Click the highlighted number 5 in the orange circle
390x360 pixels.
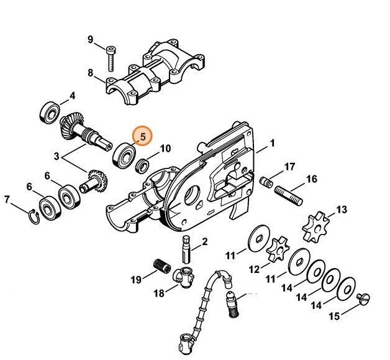coord(142,135)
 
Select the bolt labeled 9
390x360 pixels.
coord(110,58)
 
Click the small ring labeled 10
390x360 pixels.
coord(142,165)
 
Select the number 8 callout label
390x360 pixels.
coord(90,73)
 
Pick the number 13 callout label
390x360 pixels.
coord(341,209)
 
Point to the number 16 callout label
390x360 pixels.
coord(312,179)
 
